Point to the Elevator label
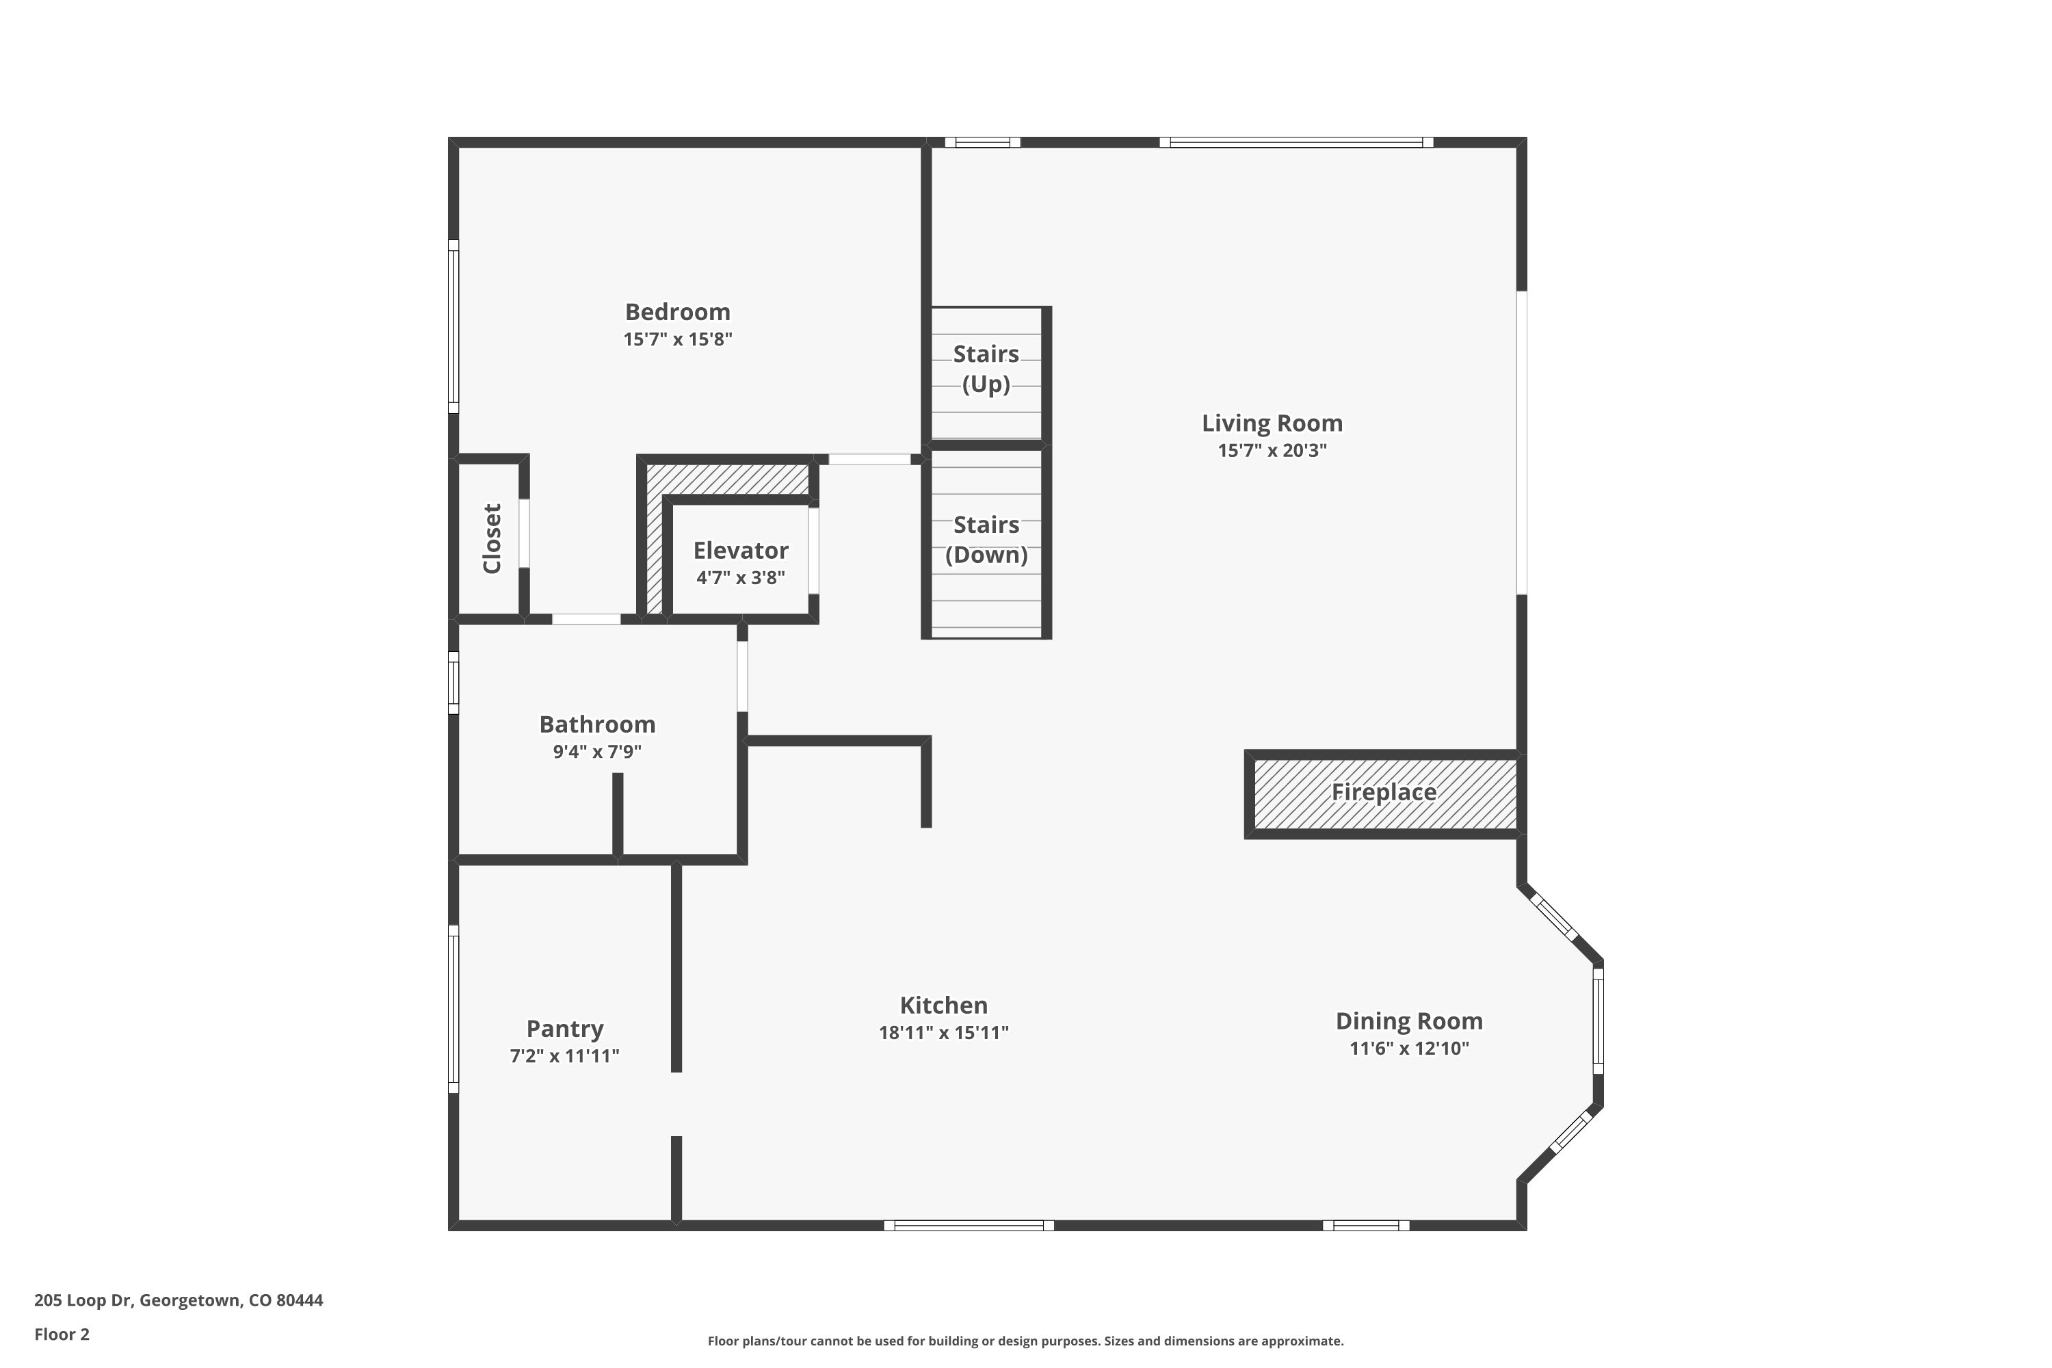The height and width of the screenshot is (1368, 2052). [740, 551]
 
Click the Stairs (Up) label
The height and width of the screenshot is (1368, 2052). [986, 369]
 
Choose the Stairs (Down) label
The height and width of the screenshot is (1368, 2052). [986, 540]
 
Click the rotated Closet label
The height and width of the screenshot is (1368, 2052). [492, 538]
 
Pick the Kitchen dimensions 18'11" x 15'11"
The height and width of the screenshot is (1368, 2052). [943, 1033]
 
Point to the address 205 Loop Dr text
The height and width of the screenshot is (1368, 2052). [178, 1300]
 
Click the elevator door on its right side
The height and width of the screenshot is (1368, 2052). [813, 551]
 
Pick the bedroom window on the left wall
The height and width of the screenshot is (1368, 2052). [453, 326]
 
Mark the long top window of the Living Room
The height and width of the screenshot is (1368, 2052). [1295, 142]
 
